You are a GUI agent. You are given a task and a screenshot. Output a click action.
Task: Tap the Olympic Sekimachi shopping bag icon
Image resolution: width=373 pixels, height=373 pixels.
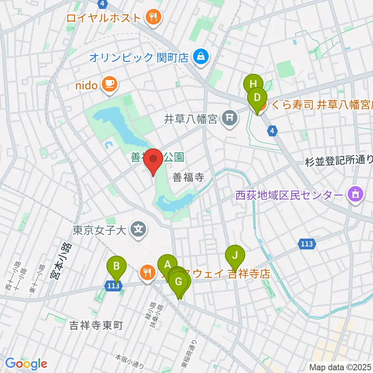[202, 58]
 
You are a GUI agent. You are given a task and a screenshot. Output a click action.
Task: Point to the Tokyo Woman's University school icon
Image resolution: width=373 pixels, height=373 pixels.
[138, 230]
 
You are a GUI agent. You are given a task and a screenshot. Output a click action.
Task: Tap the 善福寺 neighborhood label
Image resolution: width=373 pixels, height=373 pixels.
[188, 178]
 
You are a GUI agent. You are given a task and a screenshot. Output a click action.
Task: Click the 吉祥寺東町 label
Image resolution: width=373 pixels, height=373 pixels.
[96, 325]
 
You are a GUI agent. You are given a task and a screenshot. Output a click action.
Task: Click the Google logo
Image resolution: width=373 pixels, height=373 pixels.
[26, 363]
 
